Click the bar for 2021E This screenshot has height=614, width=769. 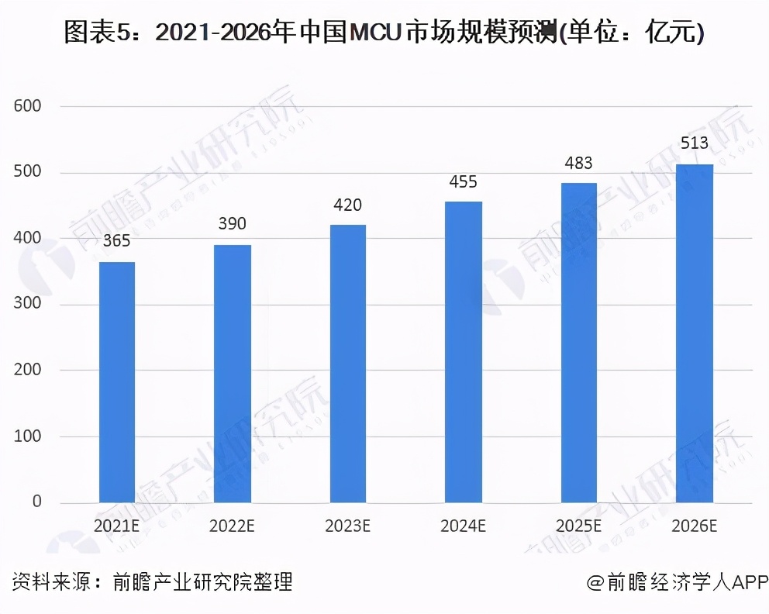(x=117, y=382)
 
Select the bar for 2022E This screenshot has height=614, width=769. (x=233, y=374)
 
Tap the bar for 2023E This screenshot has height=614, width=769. (x=347, y=364)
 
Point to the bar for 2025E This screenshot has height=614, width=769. (x=578, y=343)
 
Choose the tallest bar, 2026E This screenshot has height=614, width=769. (x=694, y=333)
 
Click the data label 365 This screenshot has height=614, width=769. (x=117, y=241)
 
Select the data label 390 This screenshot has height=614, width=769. (x=233, y=224)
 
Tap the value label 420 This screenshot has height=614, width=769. (x=347, y=205)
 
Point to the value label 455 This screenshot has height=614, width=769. (x=463, y=181)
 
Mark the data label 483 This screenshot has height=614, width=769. (x=578, y=163)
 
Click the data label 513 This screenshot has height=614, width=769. (x=694, y=143)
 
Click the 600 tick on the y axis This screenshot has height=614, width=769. (x=28, y=106)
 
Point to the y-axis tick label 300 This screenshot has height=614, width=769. (x=28, y=305)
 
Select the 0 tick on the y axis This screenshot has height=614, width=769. (x=36, y=502)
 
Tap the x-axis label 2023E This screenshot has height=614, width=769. (x=347, y=526)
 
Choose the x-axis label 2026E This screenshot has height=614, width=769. (x=694, y=526)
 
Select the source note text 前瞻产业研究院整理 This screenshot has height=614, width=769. (x=202, y=582)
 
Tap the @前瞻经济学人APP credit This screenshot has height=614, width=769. (x=676, y=583)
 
